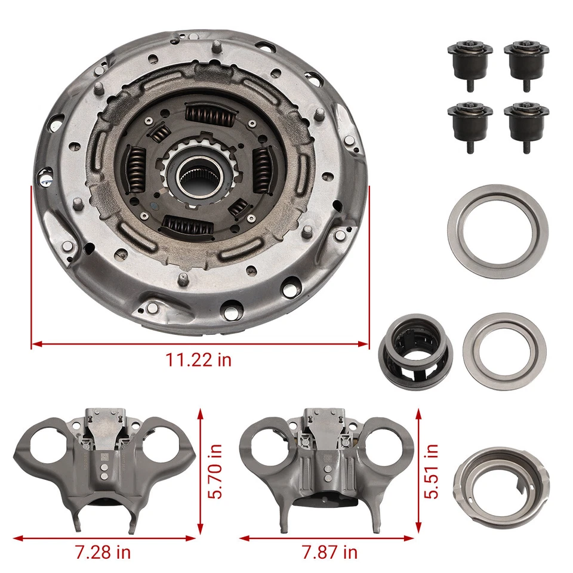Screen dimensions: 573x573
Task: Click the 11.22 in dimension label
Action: click(x=199, y=360)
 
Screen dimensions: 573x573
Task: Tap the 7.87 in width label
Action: click(x=330, y=552)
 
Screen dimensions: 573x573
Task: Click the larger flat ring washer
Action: click(x=498, y=232)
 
